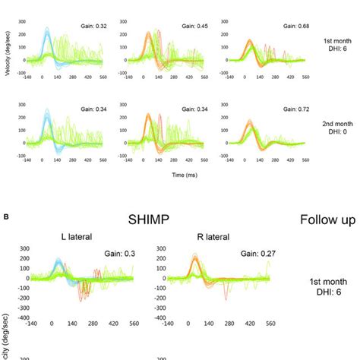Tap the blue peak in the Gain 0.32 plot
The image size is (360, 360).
click(x=46, y=30)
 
